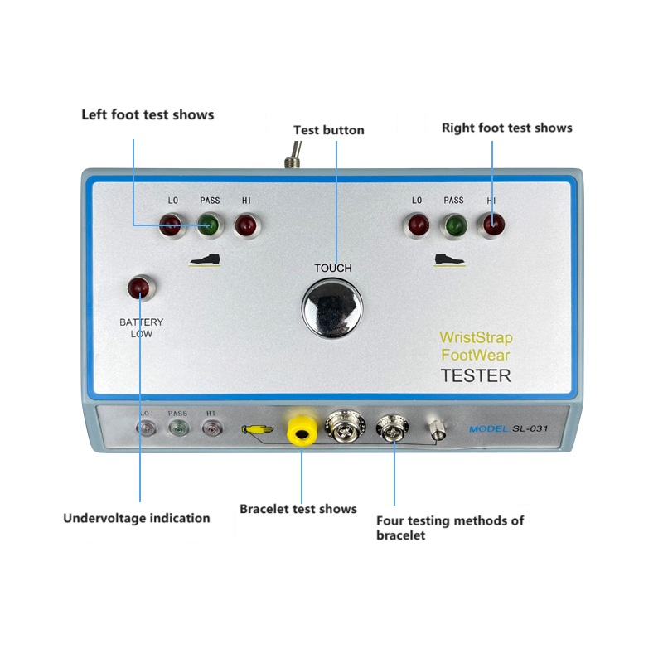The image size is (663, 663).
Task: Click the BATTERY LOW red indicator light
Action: coord(138,288)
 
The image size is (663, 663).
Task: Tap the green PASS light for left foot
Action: coord(209,224)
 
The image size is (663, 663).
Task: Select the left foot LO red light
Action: coord(172,224)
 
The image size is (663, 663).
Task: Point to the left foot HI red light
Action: coord(245,224)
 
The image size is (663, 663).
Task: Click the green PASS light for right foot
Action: coord(454,224)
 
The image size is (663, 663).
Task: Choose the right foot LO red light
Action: coord(416,224)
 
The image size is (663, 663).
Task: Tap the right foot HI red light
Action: coord(492,224)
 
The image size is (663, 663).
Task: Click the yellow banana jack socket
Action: coord(301,428)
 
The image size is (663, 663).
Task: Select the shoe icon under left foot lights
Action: coord(207,259)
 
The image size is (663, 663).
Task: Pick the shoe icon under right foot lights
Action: coord(452,259)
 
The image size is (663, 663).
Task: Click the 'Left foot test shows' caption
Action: coord(148,114)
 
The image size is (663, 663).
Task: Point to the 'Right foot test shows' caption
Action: coord(506,128)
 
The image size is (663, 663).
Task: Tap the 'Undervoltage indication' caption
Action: coord(137,518)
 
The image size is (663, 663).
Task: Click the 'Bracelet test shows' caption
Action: coord(298,508)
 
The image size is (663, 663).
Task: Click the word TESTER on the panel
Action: coord(475,375)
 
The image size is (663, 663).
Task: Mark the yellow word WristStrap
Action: coord(476,338)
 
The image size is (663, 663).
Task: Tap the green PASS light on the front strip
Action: coord(178,428)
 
